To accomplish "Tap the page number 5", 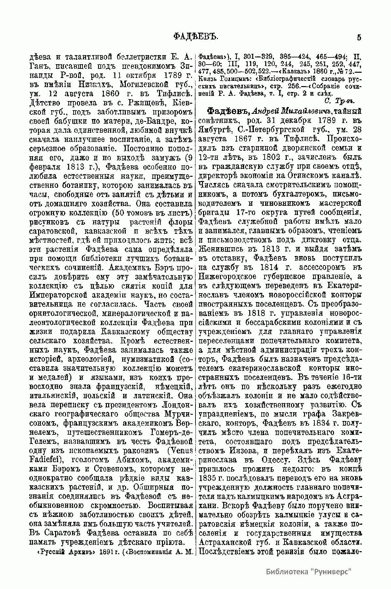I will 359,37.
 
